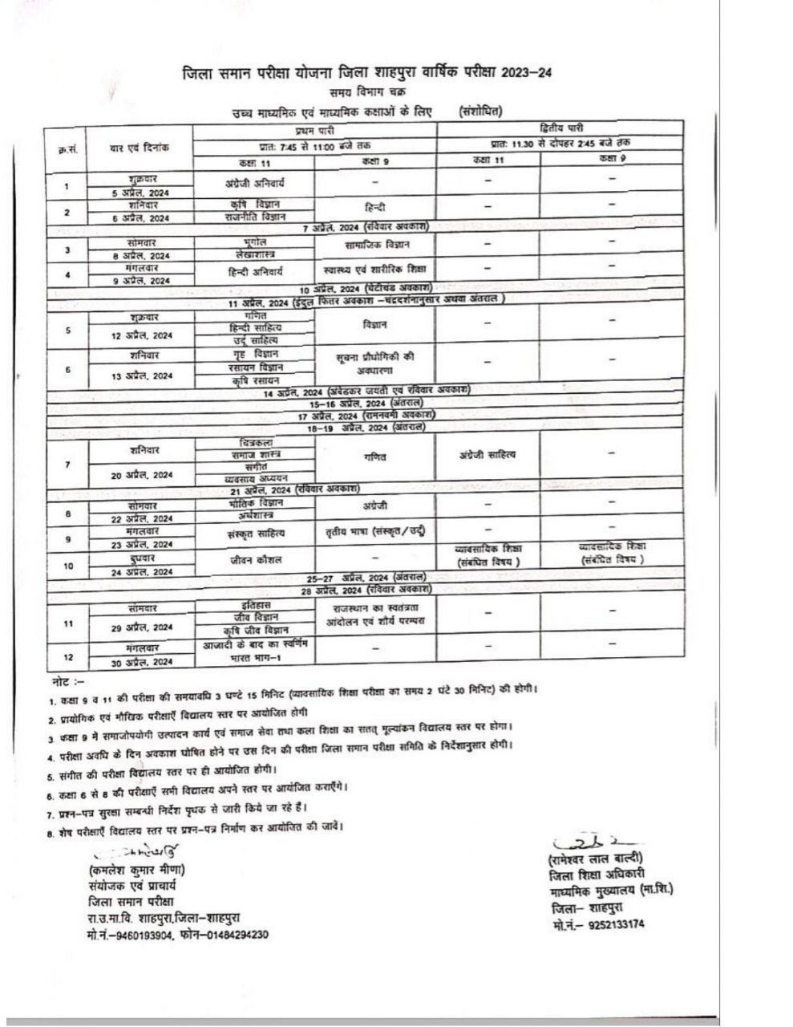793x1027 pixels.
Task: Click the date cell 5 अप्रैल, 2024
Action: (x=141, y=193)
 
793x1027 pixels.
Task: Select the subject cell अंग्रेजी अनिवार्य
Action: (x=255, y=182)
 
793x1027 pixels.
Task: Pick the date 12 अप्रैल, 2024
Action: (x=142, y=335)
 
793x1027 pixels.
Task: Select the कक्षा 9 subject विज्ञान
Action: (x=374, y=325)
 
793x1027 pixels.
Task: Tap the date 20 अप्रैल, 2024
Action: (x=142, y=475)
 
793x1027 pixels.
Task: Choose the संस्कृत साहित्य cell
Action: (x=255, y=532)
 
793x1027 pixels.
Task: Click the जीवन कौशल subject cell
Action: (x=255, y=559)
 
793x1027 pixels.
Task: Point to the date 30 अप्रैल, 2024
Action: (x=142, y=662)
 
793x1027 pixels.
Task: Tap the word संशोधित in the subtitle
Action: (x=482, y=111)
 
